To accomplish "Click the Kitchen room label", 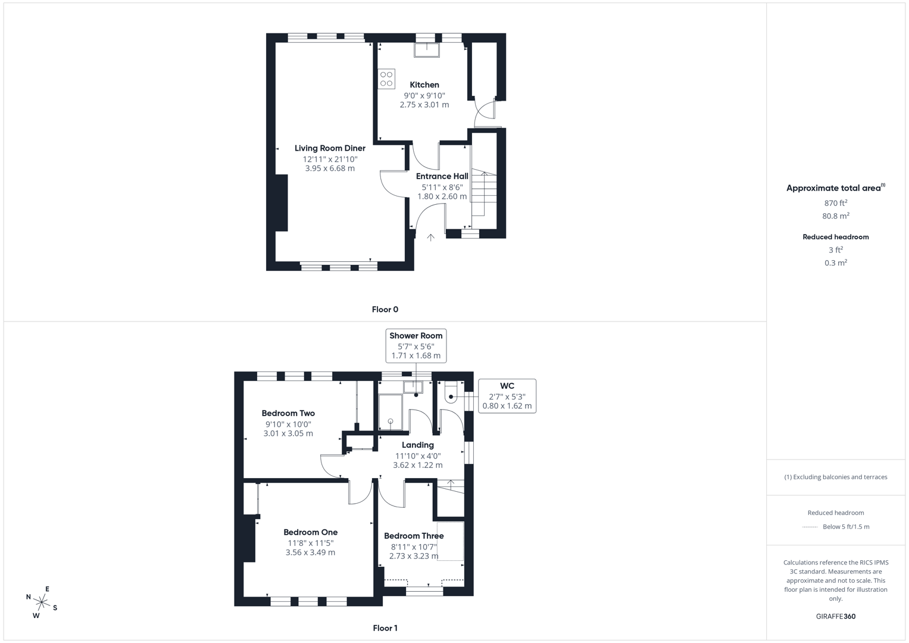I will click(x=424, y=85).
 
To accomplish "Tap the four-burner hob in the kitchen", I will click(x=386, y=79).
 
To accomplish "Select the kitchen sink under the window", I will click(x=427, y=50).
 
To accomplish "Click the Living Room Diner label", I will click(x=330, y=148).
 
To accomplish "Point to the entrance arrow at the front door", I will click(x=430, y=237).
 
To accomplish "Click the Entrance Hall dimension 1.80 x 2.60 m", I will click(x=442, y=196).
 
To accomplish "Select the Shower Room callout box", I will click(x=416, y=345).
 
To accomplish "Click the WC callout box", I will click(x=507, y=396).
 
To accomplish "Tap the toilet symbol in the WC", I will click(x=451, y=394).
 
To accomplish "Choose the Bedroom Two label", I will click(x=288, y=413).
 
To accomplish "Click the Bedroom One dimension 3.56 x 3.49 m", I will click(x=310, y=553).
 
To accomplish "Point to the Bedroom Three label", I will click(x=414, y=536).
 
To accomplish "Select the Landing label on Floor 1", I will click(x=417, y=445).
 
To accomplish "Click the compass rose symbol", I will click(x=42, y=603).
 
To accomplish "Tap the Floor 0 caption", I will click(x=385, y=310).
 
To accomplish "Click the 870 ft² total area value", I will click(x=835, y=203).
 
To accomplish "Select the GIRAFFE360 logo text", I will click(x=835, y=616).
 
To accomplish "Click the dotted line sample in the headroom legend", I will click(x=810, y=527).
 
